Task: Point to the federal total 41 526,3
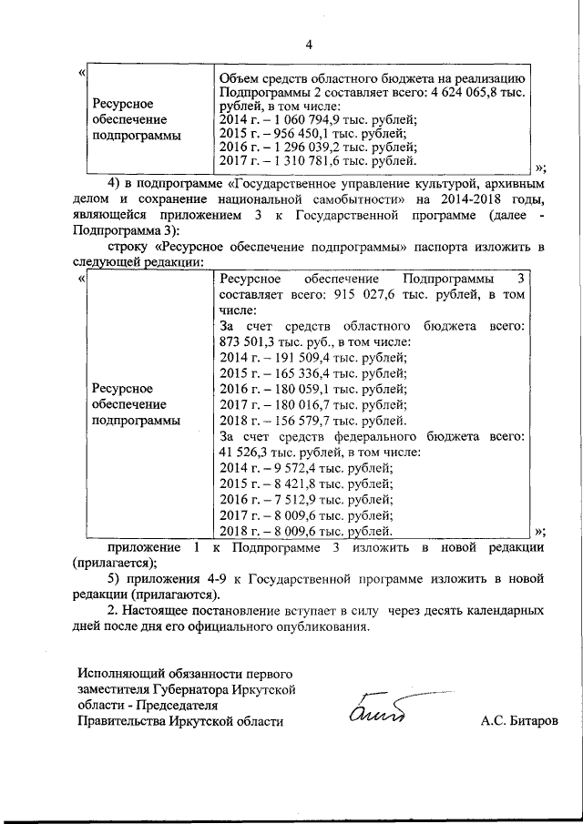pyautogui.click(x=245, y=452)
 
